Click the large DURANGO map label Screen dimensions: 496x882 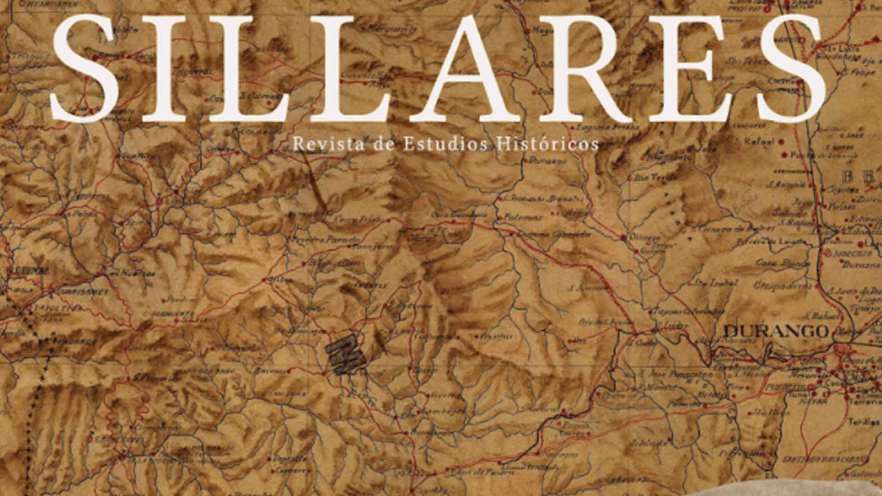click(x=775, y=331)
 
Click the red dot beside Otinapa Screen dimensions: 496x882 click(x=623, y=237)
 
